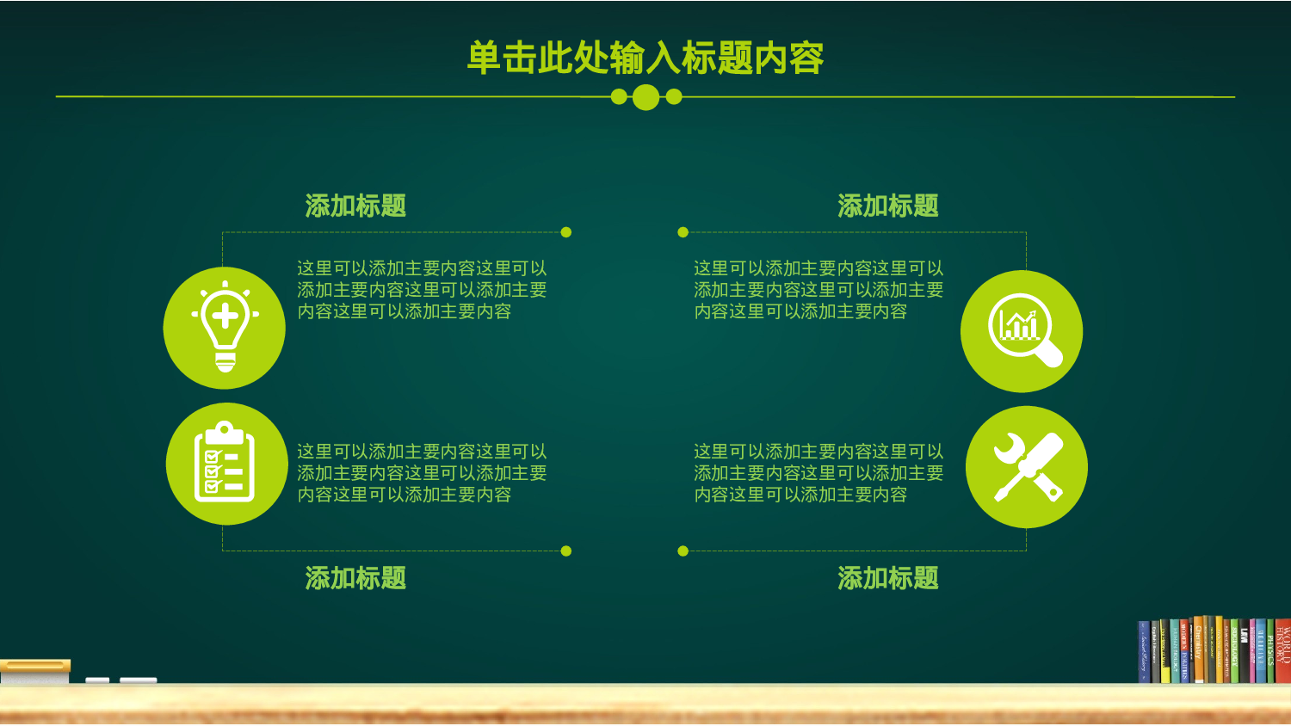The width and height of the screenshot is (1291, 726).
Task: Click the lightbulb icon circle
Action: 225,328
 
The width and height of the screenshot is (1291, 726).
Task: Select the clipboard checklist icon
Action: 226,464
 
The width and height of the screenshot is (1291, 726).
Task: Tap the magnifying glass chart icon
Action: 1022,331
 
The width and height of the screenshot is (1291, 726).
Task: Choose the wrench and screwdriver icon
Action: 1027,467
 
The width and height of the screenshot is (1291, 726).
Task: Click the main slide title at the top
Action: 645,58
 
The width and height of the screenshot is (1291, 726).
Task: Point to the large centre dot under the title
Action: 645,97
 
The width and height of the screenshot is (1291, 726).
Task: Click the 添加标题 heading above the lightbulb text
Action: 355,206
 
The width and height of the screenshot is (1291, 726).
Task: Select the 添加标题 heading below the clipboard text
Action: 355,578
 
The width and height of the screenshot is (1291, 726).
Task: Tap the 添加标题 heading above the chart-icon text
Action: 887,206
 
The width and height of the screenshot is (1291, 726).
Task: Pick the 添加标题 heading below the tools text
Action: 887,578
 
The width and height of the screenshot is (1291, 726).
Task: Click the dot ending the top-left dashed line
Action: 565,232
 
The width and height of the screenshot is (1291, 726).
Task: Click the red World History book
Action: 1282,650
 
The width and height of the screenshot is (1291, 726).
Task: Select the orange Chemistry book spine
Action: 1198,650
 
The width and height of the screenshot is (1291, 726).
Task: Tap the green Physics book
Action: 1269,651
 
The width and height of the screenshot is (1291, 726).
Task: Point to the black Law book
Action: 1244,651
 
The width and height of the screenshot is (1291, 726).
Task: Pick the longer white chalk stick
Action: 138,680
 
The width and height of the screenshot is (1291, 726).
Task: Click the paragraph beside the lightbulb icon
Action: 422,290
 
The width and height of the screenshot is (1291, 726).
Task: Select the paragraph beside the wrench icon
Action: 818,473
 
